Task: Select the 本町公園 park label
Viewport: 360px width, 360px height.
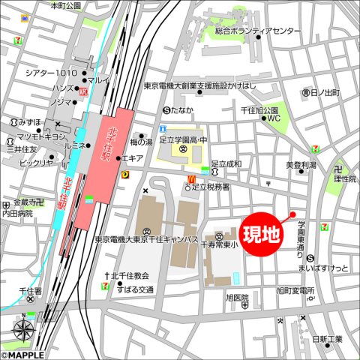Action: tap(65, 5)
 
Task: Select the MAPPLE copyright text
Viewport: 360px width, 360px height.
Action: tap(22, 355)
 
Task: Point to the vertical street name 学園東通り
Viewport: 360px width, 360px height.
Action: tap(300, 235)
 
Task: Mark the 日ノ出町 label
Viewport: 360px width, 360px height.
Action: tap(325, 91)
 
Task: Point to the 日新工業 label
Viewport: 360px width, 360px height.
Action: tap(327, 339)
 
